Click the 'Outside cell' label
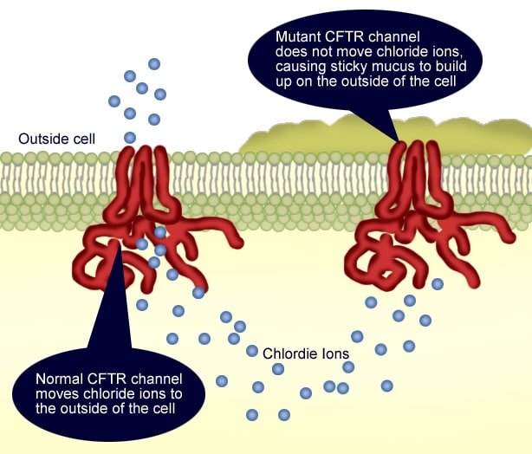(57, 139)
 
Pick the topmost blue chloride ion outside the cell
(154, 63)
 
